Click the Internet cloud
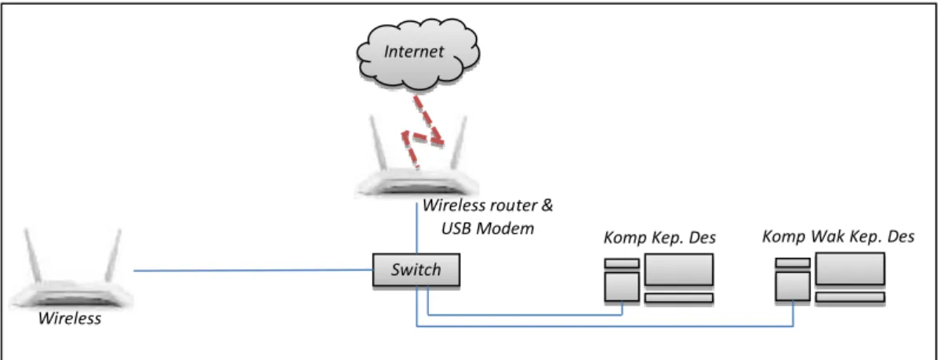pyautogui.click(x=418, y=54)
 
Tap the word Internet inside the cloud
pyautogui.click(x=414, y=52)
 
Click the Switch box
pyautogui.click(x=416, y=270)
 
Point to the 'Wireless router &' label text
pyautogui.click(x=488, y=205)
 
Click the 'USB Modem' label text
pyautogui.click(x=488, y=228)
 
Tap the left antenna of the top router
pyautogui.click(x=378, y=143)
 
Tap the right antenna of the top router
pyautogui.click(x=459, y=143)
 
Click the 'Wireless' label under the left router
pyautogui.click(x=70, y=318)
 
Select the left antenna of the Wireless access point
pyautogui.click(x=32, y=255)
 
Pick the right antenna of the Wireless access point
pyautogui.click(x=114, y=255)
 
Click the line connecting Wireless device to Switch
pyautogui.click(x=253, y=271)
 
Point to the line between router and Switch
pyautogui.click(x=416, y=228)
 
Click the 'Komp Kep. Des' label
pyautogui.click(x=660, y=238)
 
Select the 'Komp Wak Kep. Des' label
pyautogui.click(x=838, y=237)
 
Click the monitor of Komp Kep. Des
pyautogui.click(x=679, y=270)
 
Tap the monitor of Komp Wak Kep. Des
pyautogui.click(x=850, y=269)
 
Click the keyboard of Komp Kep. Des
pyautogui.click(x=679, y=298)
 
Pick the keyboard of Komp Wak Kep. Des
pyautogui.click(x=850, y=297)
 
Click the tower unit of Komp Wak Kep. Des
pyautogui.click(x=793, y=286)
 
